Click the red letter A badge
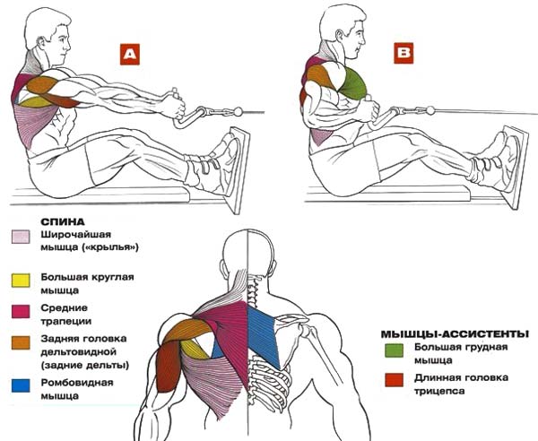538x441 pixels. pyautogui.click(x=131, y=54)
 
